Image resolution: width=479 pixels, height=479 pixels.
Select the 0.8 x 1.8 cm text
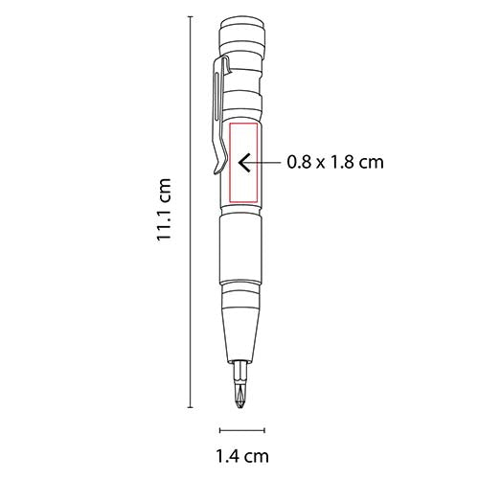pyautogui.click(x=335, y=162)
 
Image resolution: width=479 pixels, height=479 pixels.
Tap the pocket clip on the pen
pyautogui.click(x=217, y=115)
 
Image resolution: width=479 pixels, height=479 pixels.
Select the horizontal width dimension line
pyautogui.click(x=240, y=430)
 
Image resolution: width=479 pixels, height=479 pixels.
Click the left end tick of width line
pyautogui.click(x=220, y=430)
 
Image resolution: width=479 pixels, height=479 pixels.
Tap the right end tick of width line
pyautogui.click(x=262, y=430)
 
